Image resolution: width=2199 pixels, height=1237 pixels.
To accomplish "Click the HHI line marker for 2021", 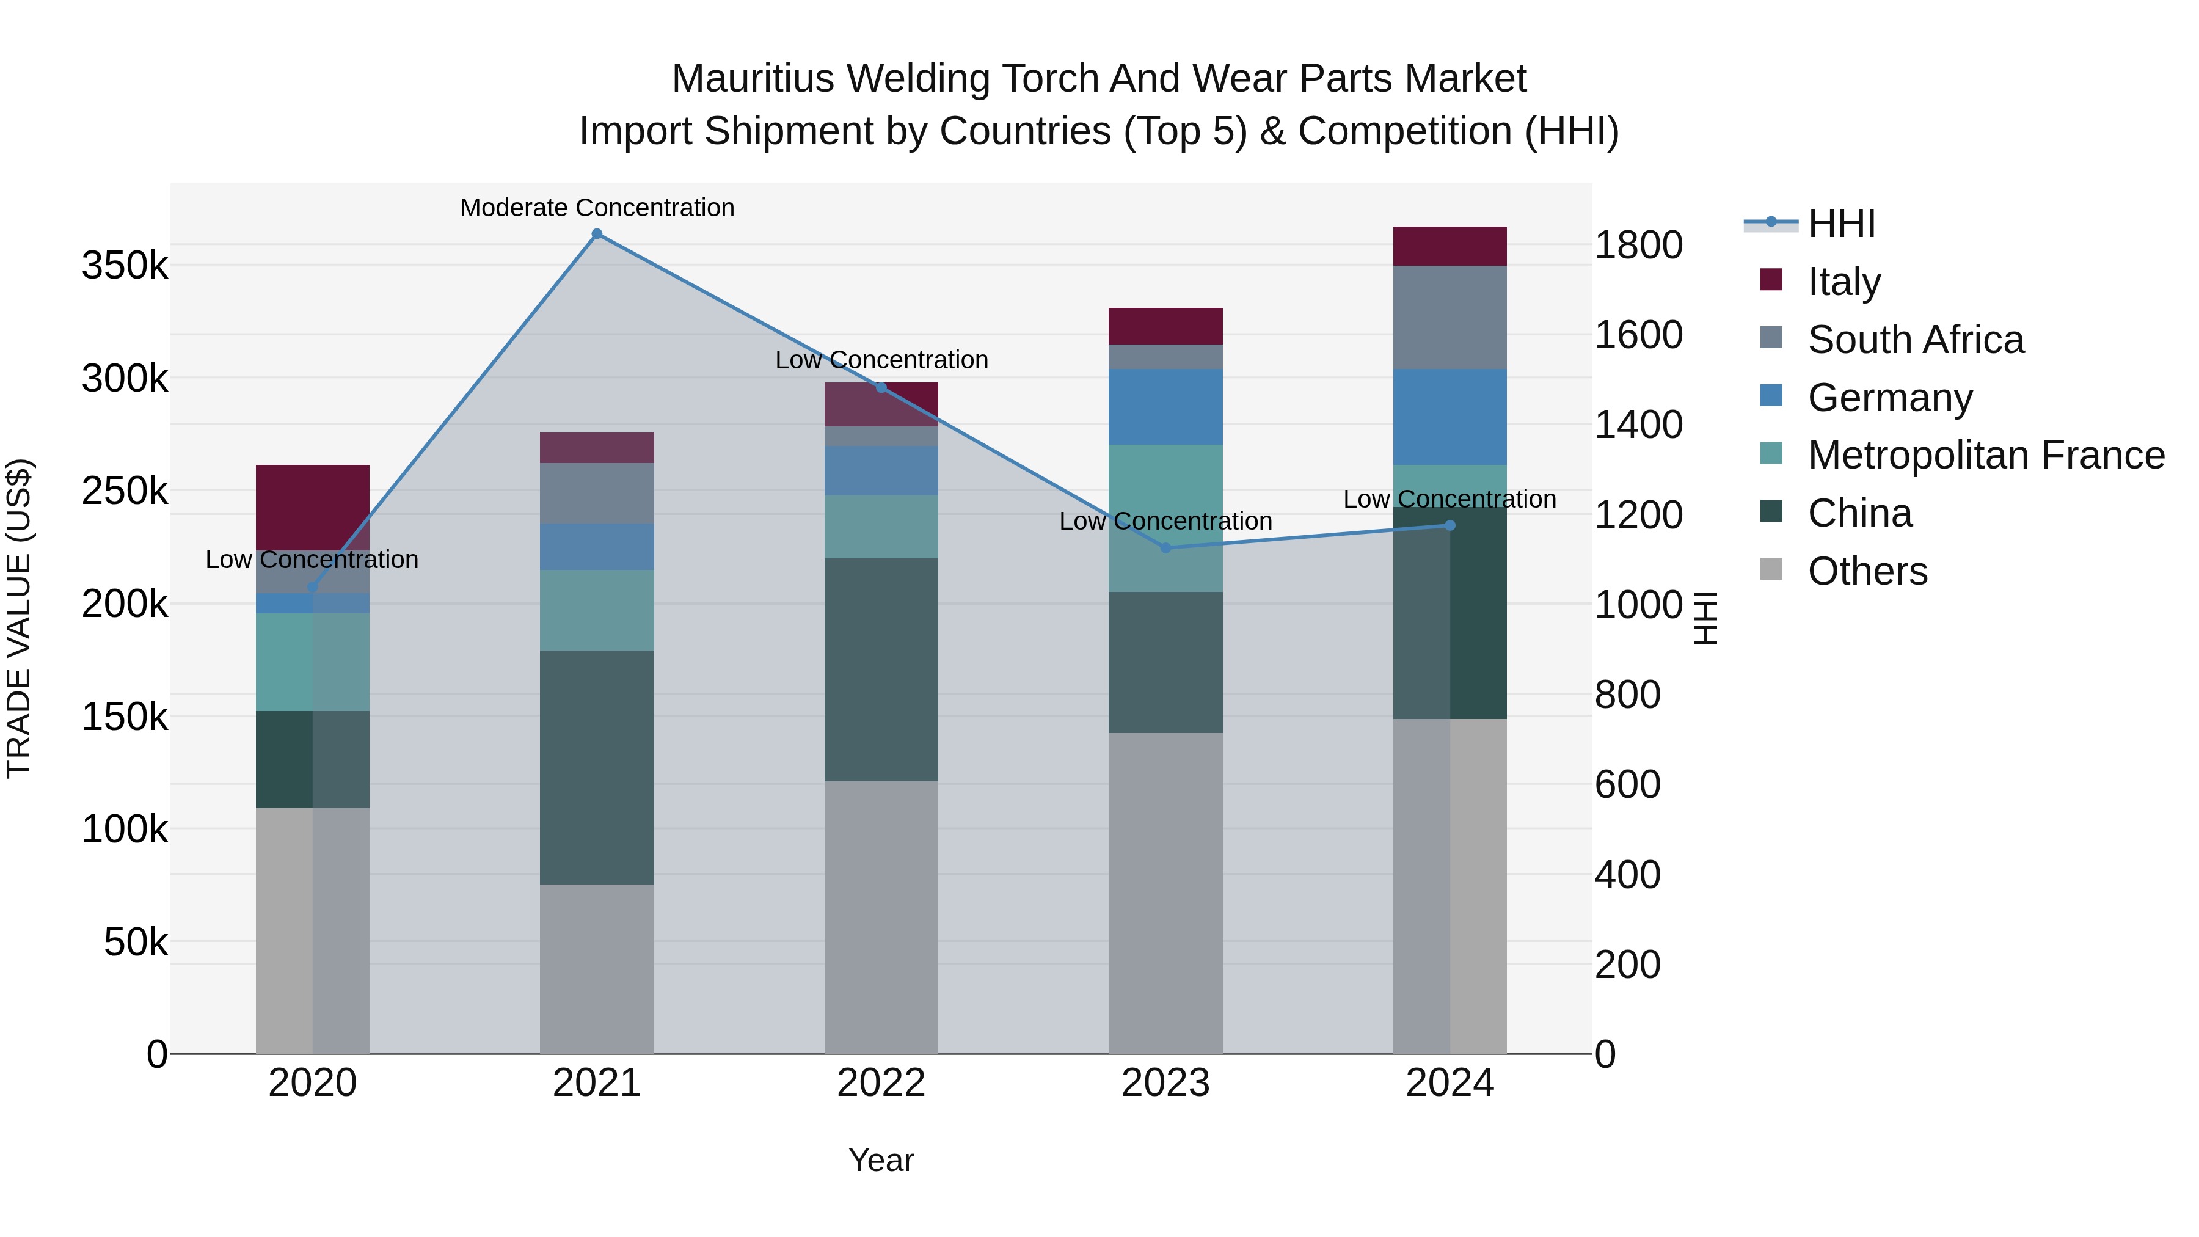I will click(597, 234).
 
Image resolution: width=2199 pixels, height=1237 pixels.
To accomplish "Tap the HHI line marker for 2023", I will click(1166, 547).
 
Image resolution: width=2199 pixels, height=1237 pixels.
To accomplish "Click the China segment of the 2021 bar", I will click(597, 767).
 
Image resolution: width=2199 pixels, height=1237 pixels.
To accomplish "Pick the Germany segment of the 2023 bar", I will click(1165, 406).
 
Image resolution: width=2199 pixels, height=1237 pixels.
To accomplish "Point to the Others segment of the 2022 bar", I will click(881, 916).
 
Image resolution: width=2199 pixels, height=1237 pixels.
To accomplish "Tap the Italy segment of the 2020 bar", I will click(312, 506).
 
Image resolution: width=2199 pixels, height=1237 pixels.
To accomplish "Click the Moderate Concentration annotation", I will click(597, 208).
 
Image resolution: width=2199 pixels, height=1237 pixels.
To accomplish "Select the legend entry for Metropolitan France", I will click(1986, 455).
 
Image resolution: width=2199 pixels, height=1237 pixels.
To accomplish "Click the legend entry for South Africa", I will click(1915, 340).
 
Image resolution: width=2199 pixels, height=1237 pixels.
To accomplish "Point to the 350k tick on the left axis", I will click(125, 266).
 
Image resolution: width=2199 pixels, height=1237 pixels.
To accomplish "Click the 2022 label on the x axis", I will click(881, 1083).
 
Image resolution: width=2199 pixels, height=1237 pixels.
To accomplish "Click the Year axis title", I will click(881, 1160).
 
